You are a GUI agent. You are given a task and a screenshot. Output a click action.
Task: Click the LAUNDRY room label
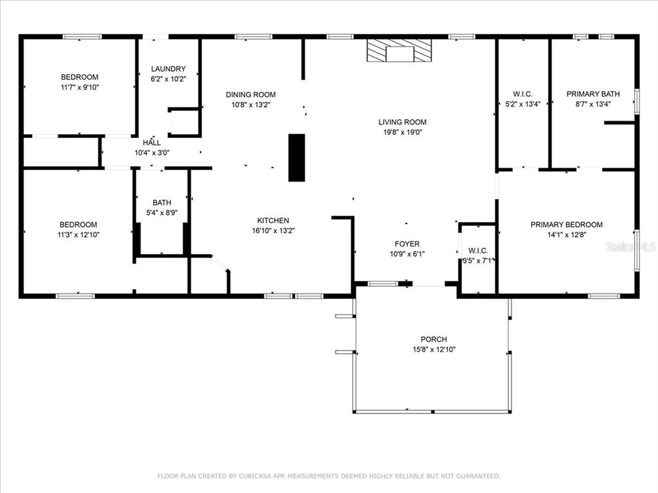click(x=168, y=69)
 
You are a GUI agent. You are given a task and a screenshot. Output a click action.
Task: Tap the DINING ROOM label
click(x=251, y=95)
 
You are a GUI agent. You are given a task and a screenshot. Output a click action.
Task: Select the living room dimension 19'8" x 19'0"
click(x=402, y=132)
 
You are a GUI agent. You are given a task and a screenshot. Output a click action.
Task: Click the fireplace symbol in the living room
click(x=399, y=51)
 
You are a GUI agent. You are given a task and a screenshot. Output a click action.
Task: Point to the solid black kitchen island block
click(x=297, y=158)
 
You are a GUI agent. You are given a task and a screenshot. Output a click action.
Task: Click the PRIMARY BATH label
click(x=593, y=94)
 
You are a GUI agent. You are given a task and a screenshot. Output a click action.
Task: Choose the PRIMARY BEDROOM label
click(x=567, y=225)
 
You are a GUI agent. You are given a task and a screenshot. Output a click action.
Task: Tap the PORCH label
click(x=434, y=339)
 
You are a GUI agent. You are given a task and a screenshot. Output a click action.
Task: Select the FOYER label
click(x=407, y=244)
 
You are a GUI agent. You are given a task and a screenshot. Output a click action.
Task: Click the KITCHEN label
click(x=273, y=221)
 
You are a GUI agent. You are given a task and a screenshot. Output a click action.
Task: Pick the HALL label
click(x=152, y=143)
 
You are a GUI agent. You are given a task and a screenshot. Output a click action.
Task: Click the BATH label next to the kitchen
click(x=162, y=202)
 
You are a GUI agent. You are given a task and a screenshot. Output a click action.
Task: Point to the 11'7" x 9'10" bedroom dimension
click(x=80, y=87)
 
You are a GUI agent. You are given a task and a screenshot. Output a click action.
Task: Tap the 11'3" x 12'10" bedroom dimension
click(x=78, y=235)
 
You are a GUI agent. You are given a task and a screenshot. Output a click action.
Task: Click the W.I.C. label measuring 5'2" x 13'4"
click(x=523, y=94)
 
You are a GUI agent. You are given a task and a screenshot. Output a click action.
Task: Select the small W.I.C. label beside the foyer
click(x=478, y=251)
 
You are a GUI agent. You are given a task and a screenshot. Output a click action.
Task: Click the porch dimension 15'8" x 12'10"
click(x=434, y=349)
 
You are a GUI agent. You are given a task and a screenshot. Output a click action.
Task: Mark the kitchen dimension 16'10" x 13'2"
click(x=273, y=230)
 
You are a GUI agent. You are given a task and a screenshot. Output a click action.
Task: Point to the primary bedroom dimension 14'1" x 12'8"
click(x=567, y=235)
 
